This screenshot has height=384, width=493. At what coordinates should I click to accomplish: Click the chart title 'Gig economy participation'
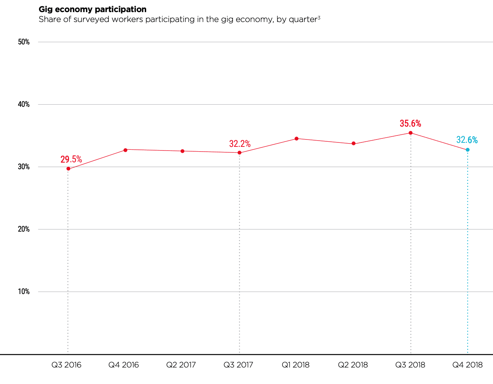(93, 9)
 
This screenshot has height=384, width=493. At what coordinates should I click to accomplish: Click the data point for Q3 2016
(68, 169)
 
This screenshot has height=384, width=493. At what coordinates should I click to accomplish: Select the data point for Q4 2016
(125, 150)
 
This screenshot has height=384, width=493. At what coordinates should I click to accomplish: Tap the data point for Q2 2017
(183, 151)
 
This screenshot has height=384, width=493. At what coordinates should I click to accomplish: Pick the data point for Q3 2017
(240, 153)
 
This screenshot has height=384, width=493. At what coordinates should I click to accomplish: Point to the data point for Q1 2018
(296, 138)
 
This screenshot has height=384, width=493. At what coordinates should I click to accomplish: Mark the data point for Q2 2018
(353, 144)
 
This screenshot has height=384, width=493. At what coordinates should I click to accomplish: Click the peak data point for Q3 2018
(410, 133)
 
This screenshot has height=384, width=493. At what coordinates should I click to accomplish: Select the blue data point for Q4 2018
(467, 150)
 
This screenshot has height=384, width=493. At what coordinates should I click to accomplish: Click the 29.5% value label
(71, 159)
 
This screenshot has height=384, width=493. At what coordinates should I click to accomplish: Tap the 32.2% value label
(240, 144)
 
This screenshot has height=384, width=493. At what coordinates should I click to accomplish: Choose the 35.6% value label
(410, 124)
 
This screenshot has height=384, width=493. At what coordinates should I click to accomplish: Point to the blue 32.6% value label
(467, 140)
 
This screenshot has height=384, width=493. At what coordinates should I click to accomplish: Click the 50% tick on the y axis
(24, 42)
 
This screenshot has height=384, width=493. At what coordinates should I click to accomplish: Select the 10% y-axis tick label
(24, 291)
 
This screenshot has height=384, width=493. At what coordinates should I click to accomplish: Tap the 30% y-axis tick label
(24, 167)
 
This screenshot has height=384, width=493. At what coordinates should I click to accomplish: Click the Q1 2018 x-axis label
(296, 365)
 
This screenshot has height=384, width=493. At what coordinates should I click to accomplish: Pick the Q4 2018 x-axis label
(467, 365)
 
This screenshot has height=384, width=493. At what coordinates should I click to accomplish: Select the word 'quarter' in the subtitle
(303, 19)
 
